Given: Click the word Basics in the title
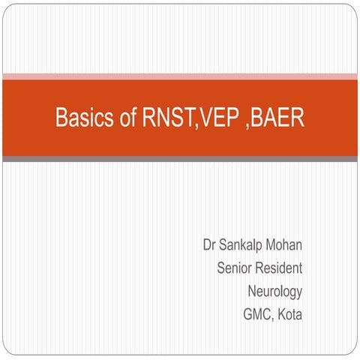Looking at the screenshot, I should click(x=82, y=118).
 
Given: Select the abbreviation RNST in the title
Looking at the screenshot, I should click(x=166, y=118).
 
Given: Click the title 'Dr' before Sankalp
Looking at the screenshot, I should click(x=209, y=245).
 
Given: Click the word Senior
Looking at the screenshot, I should click(x=235, y=268).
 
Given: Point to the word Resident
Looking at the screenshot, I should click(x=280, y=268).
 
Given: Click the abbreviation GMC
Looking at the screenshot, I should click(x=257, y=313).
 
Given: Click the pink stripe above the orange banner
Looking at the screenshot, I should click(x=180, y=76).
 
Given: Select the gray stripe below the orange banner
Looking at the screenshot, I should click(x=180, y=159).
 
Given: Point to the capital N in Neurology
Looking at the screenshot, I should click(x=252, y=290).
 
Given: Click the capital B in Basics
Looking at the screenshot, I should click(x=61, y=118).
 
